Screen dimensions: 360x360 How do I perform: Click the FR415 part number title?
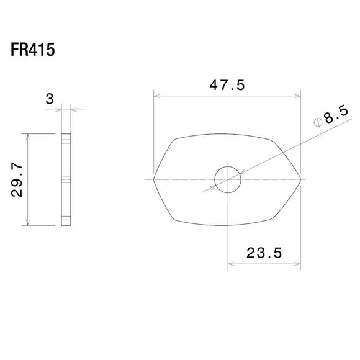pyautogui.click(x=33, y=50)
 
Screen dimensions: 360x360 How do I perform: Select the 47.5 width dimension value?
pyautogui.click(x=227, y=86)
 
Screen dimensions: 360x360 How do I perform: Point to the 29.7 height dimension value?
pyautogui.click(x=17, y=180)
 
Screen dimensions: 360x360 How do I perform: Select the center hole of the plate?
pyautogui.click(x=228, y=180)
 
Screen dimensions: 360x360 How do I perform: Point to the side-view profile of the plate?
pyautogui.click(x=66, y=180)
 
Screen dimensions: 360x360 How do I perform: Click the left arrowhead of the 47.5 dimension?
pyautogui.click(x=157, y=96)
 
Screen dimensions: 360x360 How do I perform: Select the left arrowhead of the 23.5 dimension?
pyautogui.click(x=230, y=264)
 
